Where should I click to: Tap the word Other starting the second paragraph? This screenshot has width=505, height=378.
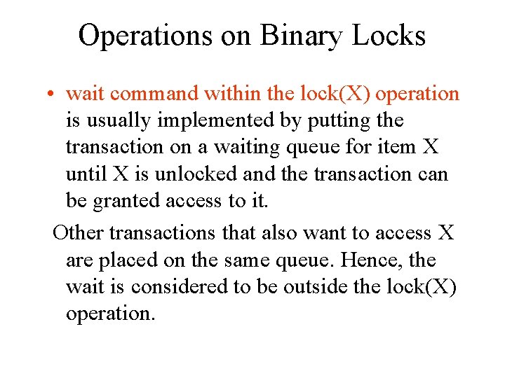pos(79,232)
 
